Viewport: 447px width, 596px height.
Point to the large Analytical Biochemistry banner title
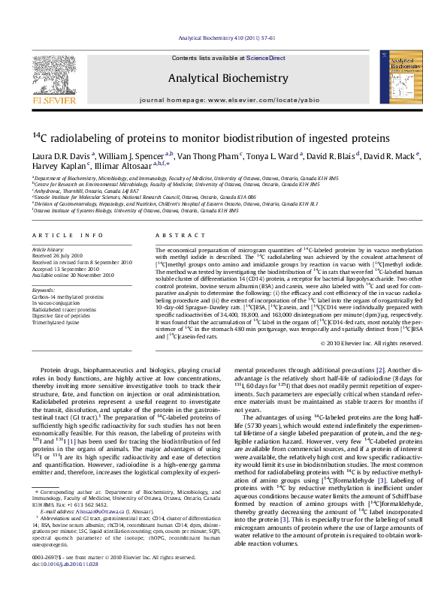[x=228, y=78]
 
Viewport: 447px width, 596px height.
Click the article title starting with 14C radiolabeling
[x=201, y=138]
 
